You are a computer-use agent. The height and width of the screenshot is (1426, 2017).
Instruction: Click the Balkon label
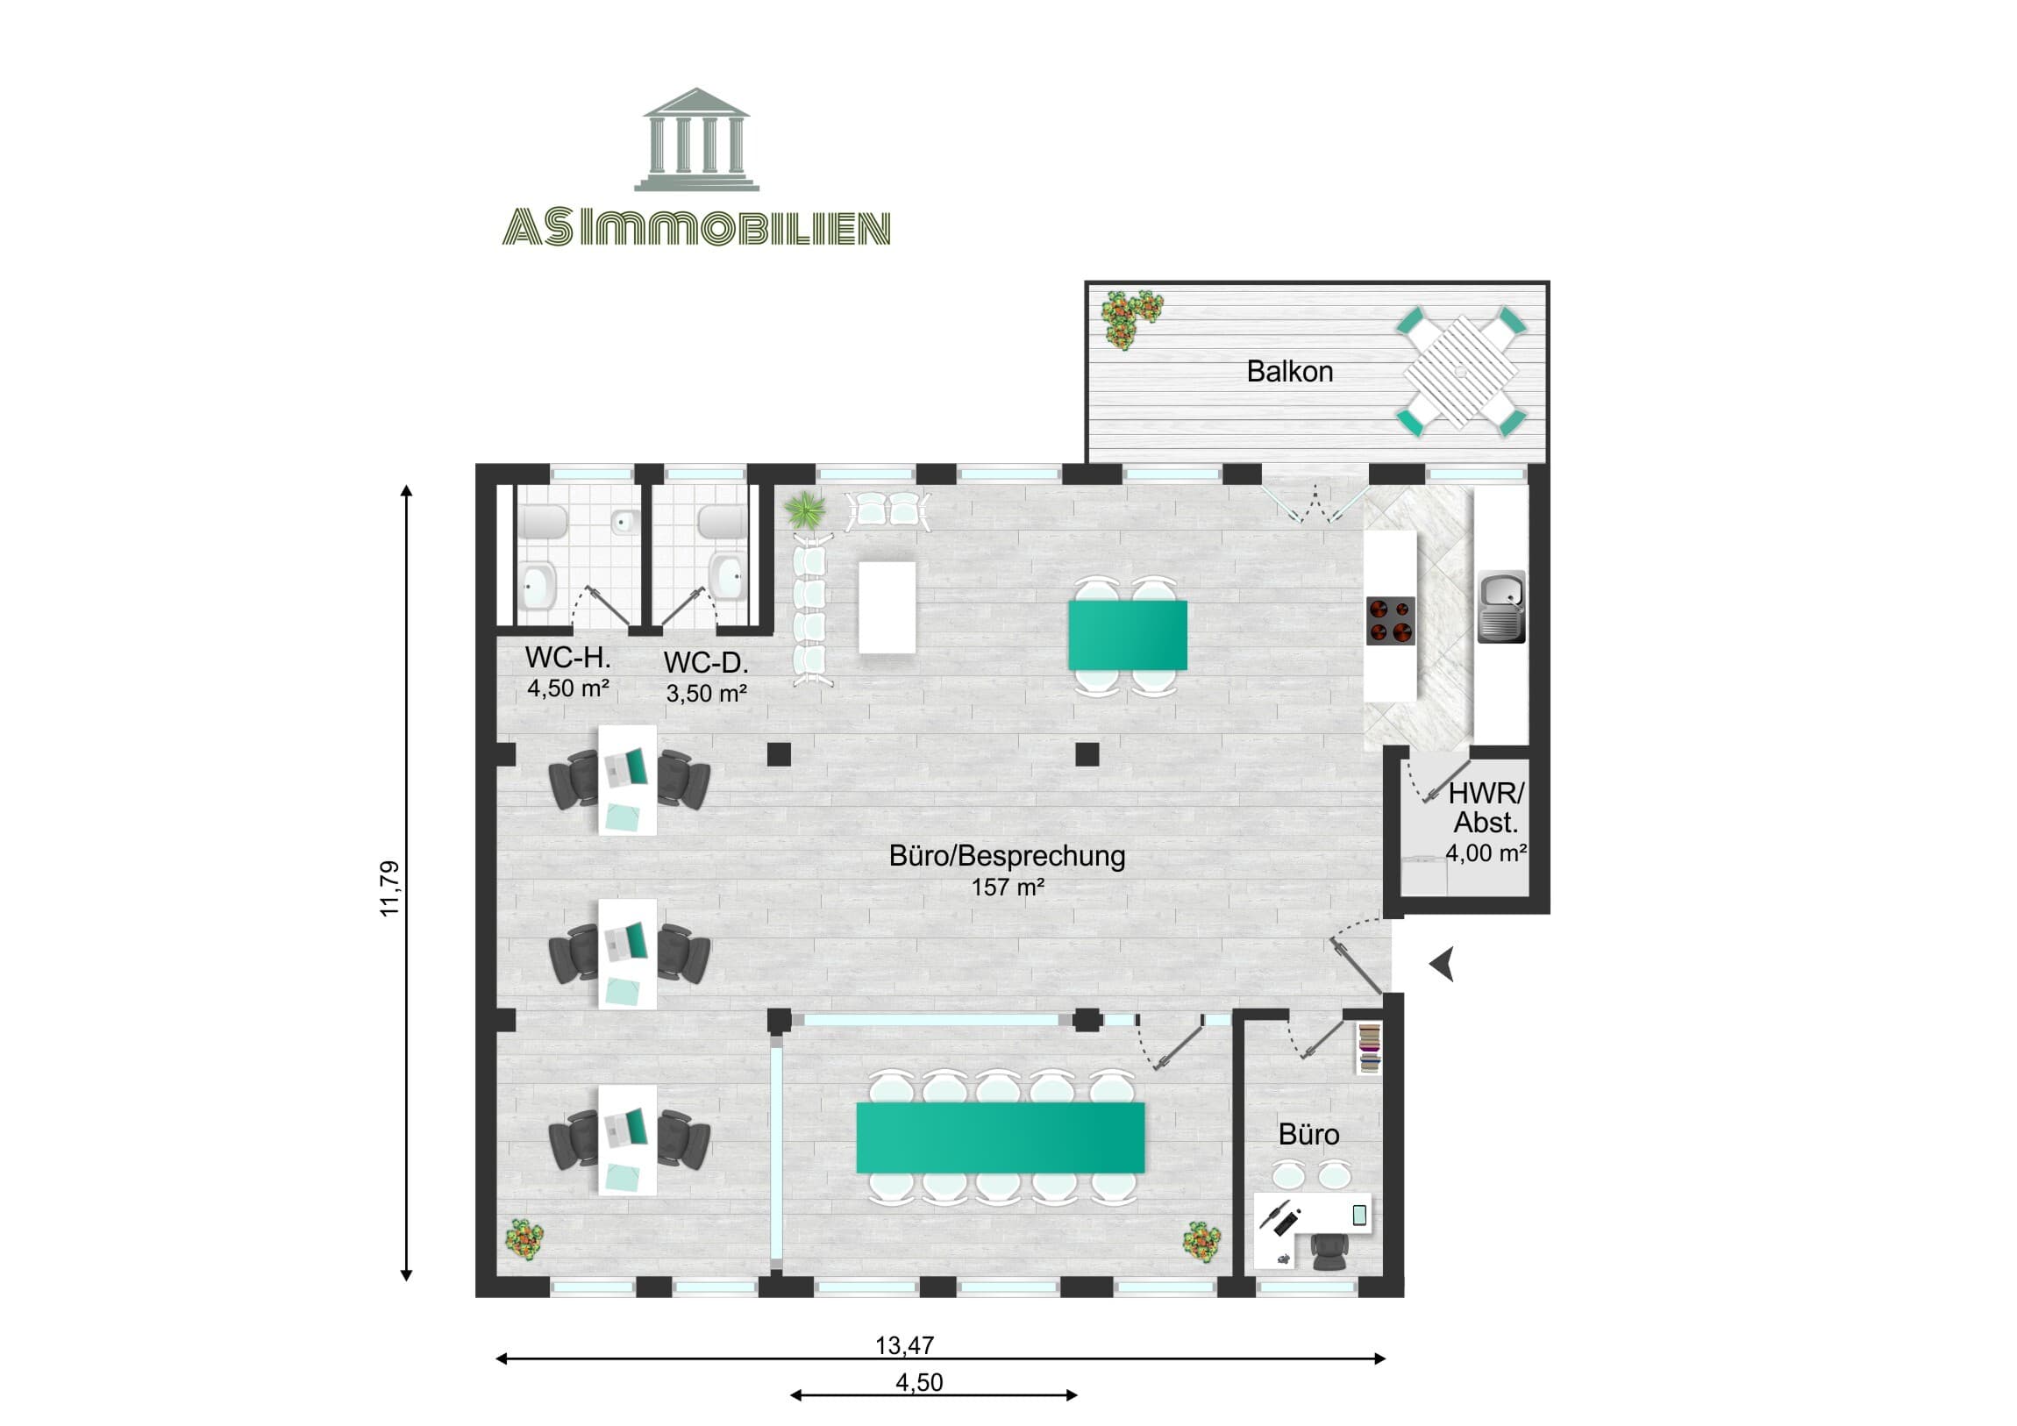pyautogui.click(x=1289, y=372)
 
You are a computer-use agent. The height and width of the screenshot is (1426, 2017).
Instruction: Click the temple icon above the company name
pyautogui.click(x=696, y=139)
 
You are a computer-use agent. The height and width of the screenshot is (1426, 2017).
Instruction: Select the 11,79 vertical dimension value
pyautogui.click(x=389, y=888)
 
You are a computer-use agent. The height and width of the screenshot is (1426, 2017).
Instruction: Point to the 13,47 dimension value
pyautogui.click(x=904, y=1345)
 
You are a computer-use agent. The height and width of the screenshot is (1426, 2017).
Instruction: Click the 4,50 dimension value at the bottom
pyautogui.click(x=919, y=1382)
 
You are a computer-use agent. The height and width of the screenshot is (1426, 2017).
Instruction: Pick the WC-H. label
pyautogui.click(x=567, y=657)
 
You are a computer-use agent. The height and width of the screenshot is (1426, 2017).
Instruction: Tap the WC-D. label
pyautogui.click(x=705, y=661)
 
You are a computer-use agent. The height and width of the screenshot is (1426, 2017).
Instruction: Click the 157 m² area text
pyautogui.click(x=1007, y=888)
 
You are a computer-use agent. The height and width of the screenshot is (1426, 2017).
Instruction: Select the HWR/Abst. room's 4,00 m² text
pyautogui.click(x=1486, y=852)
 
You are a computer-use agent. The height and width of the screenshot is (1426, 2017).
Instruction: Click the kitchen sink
pyautogui.click(x=1501, y=606)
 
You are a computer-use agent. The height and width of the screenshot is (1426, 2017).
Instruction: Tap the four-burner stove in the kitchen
pyautogui.click(x=1391, y=620)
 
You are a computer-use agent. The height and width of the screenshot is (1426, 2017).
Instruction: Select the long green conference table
pyautogui.click(x=1001, y=1137)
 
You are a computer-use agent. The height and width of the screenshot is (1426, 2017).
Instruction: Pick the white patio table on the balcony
pyautogui.click(x=1460, y=371)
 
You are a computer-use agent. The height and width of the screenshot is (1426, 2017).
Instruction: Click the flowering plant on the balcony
pyautogui.click(x=1130, y=318)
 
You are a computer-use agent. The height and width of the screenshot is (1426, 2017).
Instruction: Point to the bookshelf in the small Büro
pyautogui.click(x=1369, y=1048)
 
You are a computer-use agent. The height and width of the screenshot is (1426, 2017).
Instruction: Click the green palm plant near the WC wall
pyautogui.click(x=806, y=510)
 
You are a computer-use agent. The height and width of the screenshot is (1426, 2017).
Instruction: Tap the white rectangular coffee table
pyautogui.click(x=887, y=607)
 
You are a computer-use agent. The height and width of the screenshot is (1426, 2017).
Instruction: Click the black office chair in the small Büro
pyautogui.click(x=1329, y=1251)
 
